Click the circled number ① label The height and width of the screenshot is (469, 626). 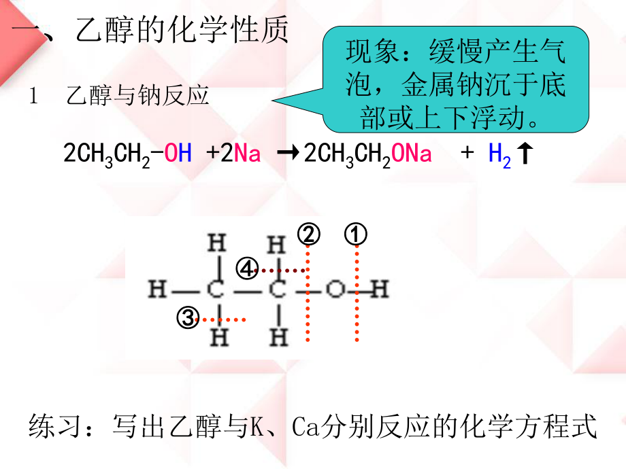(x=355, y=235)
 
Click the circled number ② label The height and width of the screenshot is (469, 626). (x=308, y=235)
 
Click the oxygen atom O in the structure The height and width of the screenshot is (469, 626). (x=333, y=291)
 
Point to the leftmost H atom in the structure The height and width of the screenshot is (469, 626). (x=157, y=291)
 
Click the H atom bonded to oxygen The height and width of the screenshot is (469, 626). (x=380, y=291)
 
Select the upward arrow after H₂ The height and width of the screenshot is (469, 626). (x=524, y=154)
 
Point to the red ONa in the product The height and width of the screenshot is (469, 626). (x=412, y=154)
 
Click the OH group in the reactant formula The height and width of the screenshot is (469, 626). (x=178, y=154)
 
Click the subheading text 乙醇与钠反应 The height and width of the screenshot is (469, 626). (x=137, y=96)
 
